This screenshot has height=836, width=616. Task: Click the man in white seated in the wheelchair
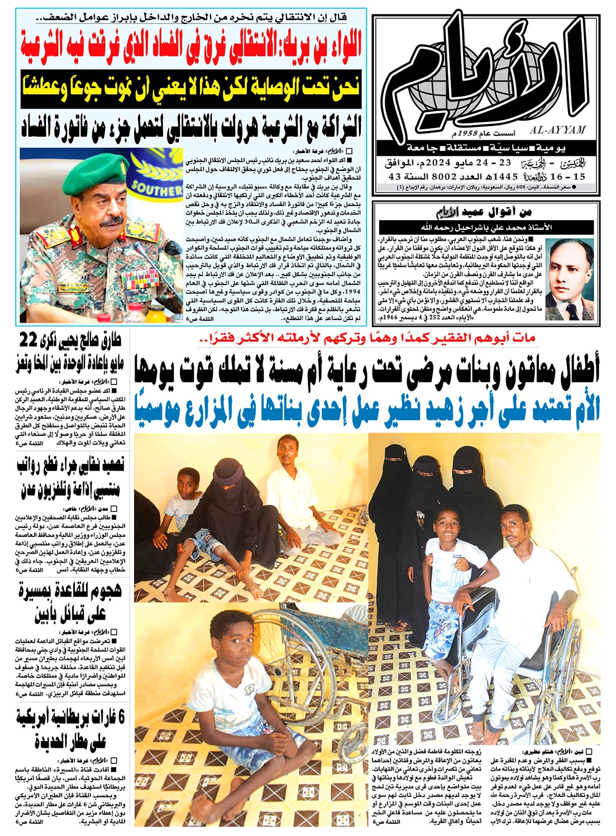pyautogui.click(x=525, y=564)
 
